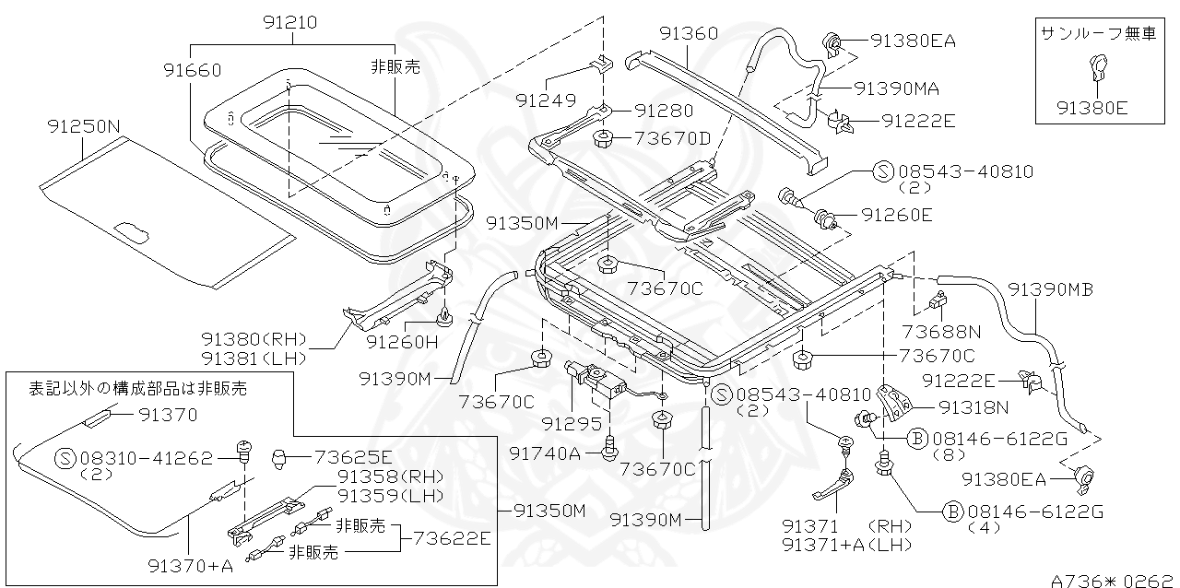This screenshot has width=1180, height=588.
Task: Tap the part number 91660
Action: point(193,70)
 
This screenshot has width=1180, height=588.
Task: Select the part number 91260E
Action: point(897,215)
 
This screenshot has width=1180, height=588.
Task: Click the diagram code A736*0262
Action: point(1113,580)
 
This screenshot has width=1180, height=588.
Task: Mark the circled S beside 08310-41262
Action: point(65,458)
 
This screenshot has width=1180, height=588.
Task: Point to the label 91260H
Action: point(400,342)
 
